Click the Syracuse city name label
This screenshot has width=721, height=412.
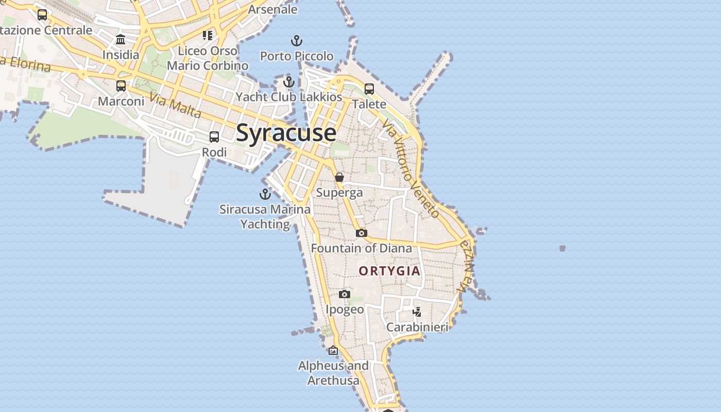(286, 133)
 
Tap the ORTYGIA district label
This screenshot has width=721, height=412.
(389, 271)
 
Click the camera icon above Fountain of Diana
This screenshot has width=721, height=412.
(362, 233)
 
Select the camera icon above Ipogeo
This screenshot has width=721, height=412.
(345, 294)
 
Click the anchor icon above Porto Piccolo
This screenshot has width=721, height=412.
(297, 40)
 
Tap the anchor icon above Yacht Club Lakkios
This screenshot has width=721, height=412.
(289, 81)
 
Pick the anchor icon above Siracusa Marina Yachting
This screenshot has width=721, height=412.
(265, 194)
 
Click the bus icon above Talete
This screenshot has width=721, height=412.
(369, 89)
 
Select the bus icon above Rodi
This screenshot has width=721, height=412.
(214, 137)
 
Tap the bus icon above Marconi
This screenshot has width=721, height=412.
(121, 85)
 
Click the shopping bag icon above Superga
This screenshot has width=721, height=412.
(339, 177)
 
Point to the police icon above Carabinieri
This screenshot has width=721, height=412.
(417, 312)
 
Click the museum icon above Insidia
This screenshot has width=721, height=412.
(121, 39)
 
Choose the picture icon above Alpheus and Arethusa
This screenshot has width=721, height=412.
(333, 350)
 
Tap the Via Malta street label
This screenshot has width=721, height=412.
(175, 105)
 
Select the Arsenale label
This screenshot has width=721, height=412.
(273, 9)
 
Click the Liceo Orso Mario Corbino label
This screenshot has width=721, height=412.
(208, 58)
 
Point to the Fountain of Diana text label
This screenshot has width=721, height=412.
(362, 248)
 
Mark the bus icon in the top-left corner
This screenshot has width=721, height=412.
(42, 15)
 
